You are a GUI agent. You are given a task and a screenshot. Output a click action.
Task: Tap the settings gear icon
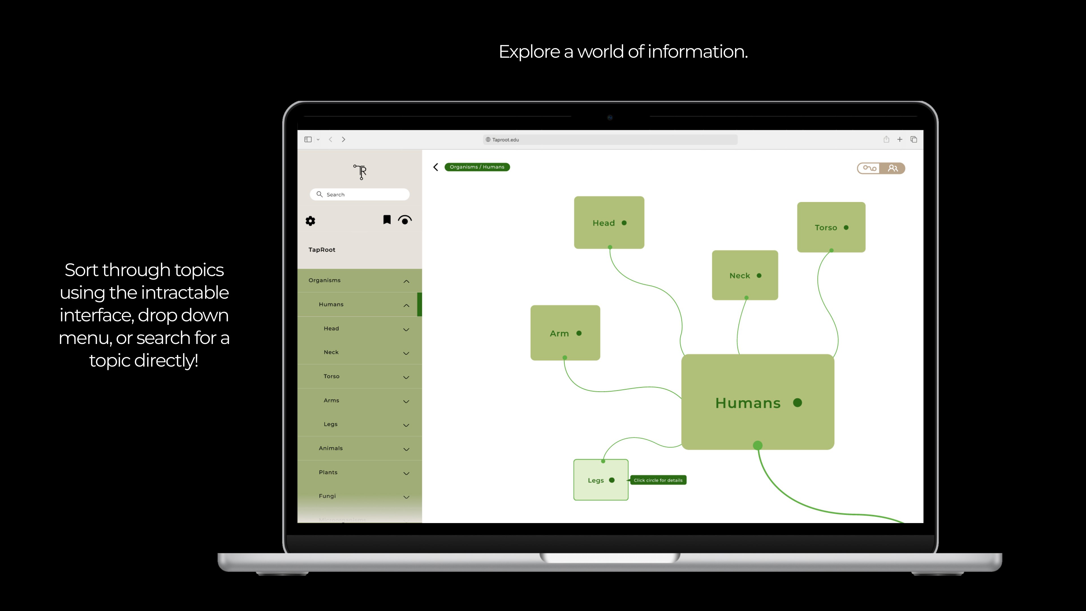pyautogui.click(x=310, y=221)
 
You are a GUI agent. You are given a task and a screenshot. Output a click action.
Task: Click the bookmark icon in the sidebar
pyautogui.click(x=387, y=220)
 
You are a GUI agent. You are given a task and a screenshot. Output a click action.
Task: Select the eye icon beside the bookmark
pyautogui.click(x=405, y=220)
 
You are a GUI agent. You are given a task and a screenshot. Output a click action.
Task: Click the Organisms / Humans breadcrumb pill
pyautogui.click(x=477, y=167)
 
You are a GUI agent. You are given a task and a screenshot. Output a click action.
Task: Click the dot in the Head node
pyautogui.click(x=624, y=223)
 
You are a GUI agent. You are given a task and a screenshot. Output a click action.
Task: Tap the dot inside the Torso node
pyautogui.click(x=846, y=228)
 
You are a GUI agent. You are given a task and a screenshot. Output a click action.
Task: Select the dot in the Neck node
pyautogui.click(x=759, y=276)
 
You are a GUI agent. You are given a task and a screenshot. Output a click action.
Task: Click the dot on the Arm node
pyautogui.click(x=579, y=333)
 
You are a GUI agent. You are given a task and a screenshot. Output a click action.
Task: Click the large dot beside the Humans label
pyautogui.click(x=797, y=403)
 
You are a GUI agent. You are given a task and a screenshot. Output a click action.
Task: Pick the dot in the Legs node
pyautogui.click(x=612, y=480)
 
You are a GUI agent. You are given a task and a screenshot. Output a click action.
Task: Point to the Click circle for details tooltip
pyautogui.click(x=658, y=480)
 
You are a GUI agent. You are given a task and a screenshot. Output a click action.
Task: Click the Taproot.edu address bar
pyautogui.click(x=610, y=139)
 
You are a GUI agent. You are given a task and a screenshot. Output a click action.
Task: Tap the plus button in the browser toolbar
pyautogui.click(x=900, y=139)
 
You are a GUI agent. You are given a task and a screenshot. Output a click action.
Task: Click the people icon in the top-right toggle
pyautogui.click(x=893, y=168)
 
